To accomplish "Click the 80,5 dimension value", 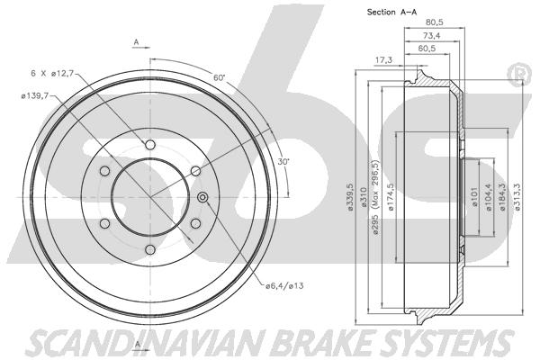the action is click(x=434, y=22).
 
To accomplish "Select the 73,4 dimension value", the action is click(x=431, y=35).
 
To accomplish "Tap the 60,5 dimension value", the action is click(x=427, y=49).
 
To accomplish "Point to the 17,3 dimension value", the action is click(x=383, y=60).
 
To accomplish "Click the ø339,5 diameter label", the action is click(x=350, y=197).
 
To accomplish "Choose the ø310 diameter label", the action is click(x=363, y=197).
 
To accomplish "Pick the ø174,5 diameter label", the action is click(x=391, y=197).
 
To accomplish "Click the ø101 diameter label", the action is click(x=474, y=197).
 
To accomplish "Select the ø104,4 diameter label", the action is click(x=488, y=197).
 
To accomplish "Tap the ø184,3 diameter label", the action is click(x=502, y=197).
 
